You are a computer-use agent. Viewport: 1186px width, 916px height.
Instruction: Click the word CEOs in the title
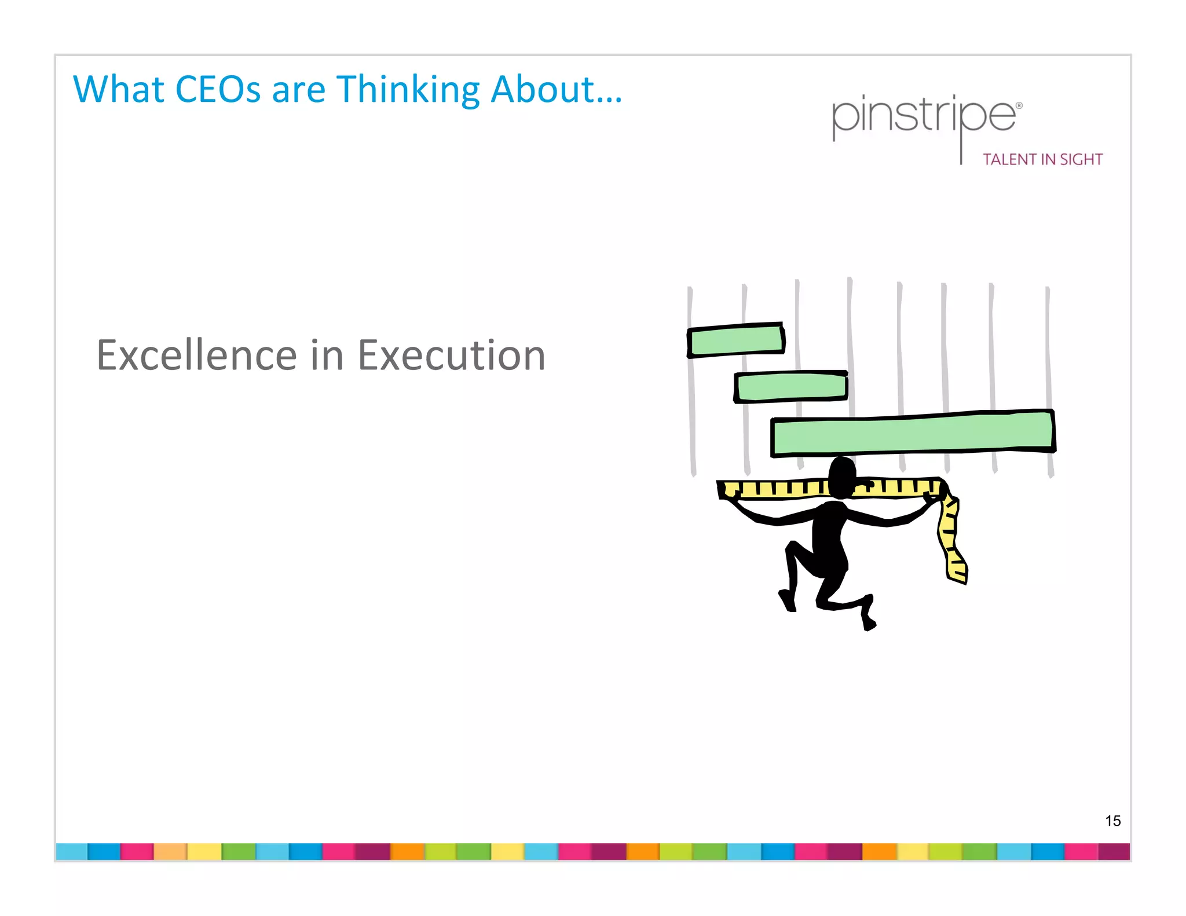point(218,90)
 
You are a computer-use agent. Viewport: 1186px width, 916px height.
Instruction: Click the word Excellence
point(196,355)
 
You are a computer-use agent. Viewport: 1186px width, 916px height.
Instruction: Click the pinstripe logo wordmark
point(924,116)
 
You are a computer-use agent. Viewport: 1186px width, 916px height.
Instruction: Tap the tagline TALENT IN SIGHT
point(1042,159)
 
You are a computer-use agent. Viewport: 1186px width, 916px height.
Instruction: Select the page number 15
point(1112,820)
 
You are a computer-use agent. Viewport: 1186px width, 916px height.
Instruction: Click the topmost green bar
point(736,340)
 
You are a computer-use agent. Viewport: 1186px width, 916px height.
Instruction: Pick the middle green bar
point(791,387)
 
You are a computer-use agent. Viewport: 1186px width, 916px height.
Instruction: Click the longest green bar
point(913,434)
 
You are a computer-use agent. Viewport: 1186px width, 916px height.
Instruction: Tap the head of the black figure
point(842,476)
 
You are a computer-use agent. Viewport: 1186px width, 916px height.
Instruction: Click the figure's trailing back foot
point(868,620)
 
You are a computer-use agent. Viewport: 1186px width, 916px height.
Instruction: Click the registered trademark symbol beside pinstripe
point(1019,106)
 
